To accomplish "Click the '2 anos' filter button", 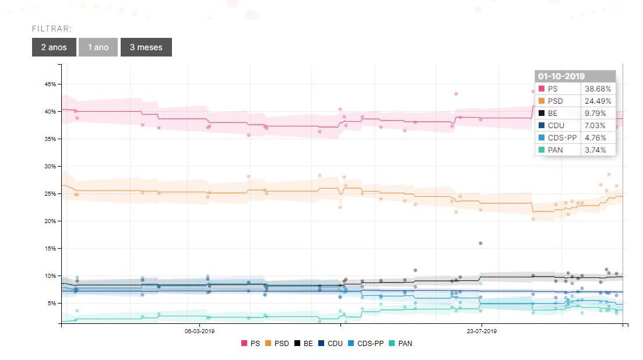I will pyautogui.click(x=54, y=47).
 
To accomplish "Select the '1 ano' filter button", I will pyautogui.click(x=99, y=47).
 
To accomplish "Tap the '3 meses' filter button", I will pyautogui.click(x=146, y=47).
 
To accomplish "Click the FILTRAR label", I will pyautogui.click(x=52, y=29).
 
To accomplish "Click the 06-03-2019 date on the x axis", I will pyautogui.click(x=200, y=331).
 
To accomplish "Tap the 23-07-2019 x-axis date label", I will pyautogui.click(x=482, y=331).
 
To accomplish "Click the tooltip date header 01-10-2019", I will pyautogui.click(x=562, y=76).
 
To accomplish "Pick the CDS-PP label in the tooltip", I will pyautogui.click(x=561, y=138).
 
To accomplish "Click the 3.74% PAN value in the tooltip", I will pyautogui.click(x=595, y=150).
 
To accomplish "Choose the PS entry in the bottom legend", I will pyautogui.click(x=251, y=344).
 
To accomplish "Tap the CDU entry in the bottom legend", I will pyautogui.click(x=331, y=344).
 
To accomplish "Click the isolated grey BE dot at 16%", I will pyautogui.click(x=480, y=243).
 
